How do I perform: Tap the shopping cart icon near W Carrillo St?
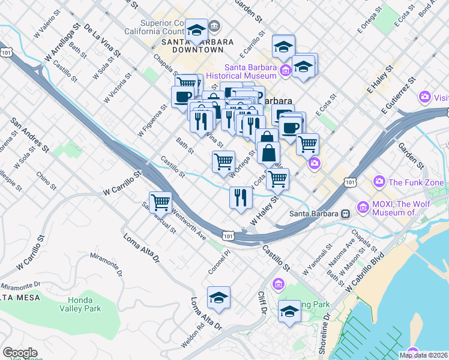[160, 202]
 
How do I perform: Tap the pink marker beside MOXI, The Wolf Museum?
[363, 208]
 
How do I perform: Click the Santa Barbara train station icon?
[346, 214]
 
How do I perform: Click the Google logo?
[20, 353]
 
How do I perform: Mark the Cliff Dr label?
[262, 304]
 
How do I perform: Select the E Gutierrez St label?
[398, 95]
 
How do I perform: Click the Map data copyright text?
[424, 355]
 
